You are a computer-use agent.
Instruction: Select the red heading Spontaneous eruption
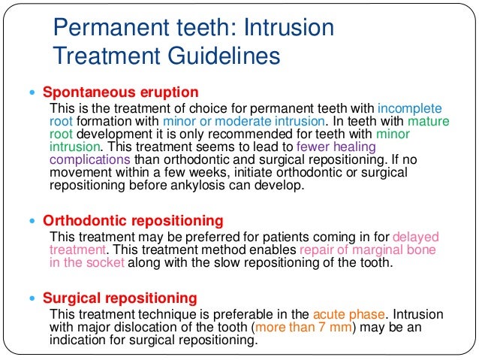[120, 92]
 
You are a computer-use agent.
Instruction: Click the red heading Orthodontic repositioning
[133, 221]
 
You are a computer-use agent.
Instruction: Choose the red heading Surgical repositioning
[120, 297]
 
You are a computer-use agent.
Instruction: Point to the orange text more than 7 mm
[304, 327]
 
